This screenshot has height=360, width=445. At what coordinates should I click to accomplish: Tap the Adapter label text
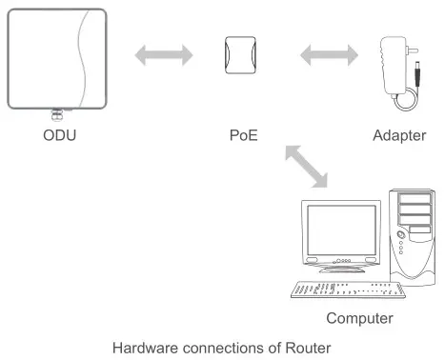click(x=398, y=135)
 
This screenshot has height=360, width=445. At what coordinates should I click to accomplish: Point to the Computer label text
click(x=359, y=316)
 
